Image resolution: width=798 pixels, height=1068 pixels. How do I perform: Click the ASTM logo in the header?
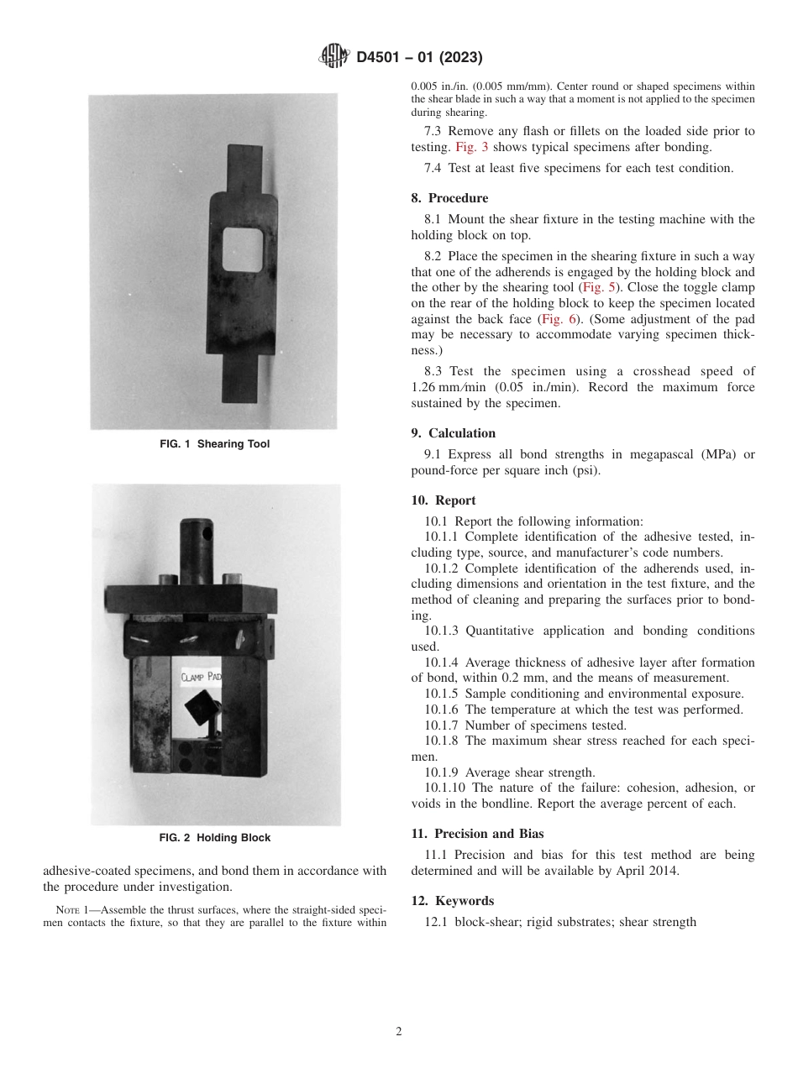335,57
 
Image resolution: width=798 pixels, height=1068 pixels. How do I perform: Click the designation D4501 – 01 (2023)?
419,58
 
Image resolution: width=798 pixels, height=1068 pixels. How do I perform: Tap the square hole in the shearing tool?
243,250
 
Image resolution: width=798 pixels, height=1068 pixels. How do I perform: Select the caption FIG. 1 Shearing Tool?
215,444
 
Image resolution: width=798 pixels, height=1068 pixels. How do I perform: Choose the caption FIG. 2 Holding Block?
215,838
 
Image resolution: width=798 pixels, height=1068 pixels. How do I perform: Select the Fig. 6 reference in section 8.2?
559,319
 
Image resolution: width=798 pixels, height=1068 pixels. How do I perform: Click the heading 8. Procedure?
449,199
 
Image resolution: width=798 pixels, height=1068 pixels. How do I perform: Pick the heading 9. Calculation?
453,433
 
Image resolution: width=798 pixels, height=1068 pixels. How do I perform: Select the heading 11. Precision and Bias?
477,834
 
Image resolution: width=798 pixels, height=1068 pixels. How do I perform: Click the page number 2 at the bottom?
399,1032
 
